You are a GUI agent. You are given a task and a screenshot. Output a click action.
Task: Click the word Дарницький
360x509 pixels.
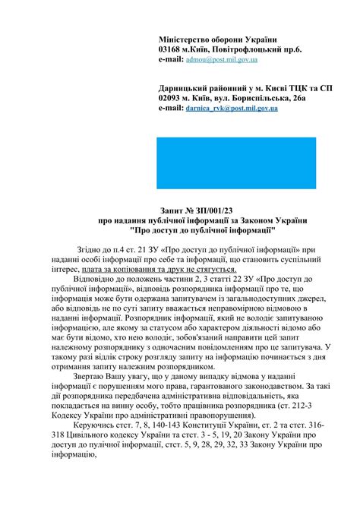(187, 88)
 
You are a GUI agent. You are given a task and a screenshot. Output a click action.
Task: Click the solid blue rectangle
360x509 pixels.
(235, 163)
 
